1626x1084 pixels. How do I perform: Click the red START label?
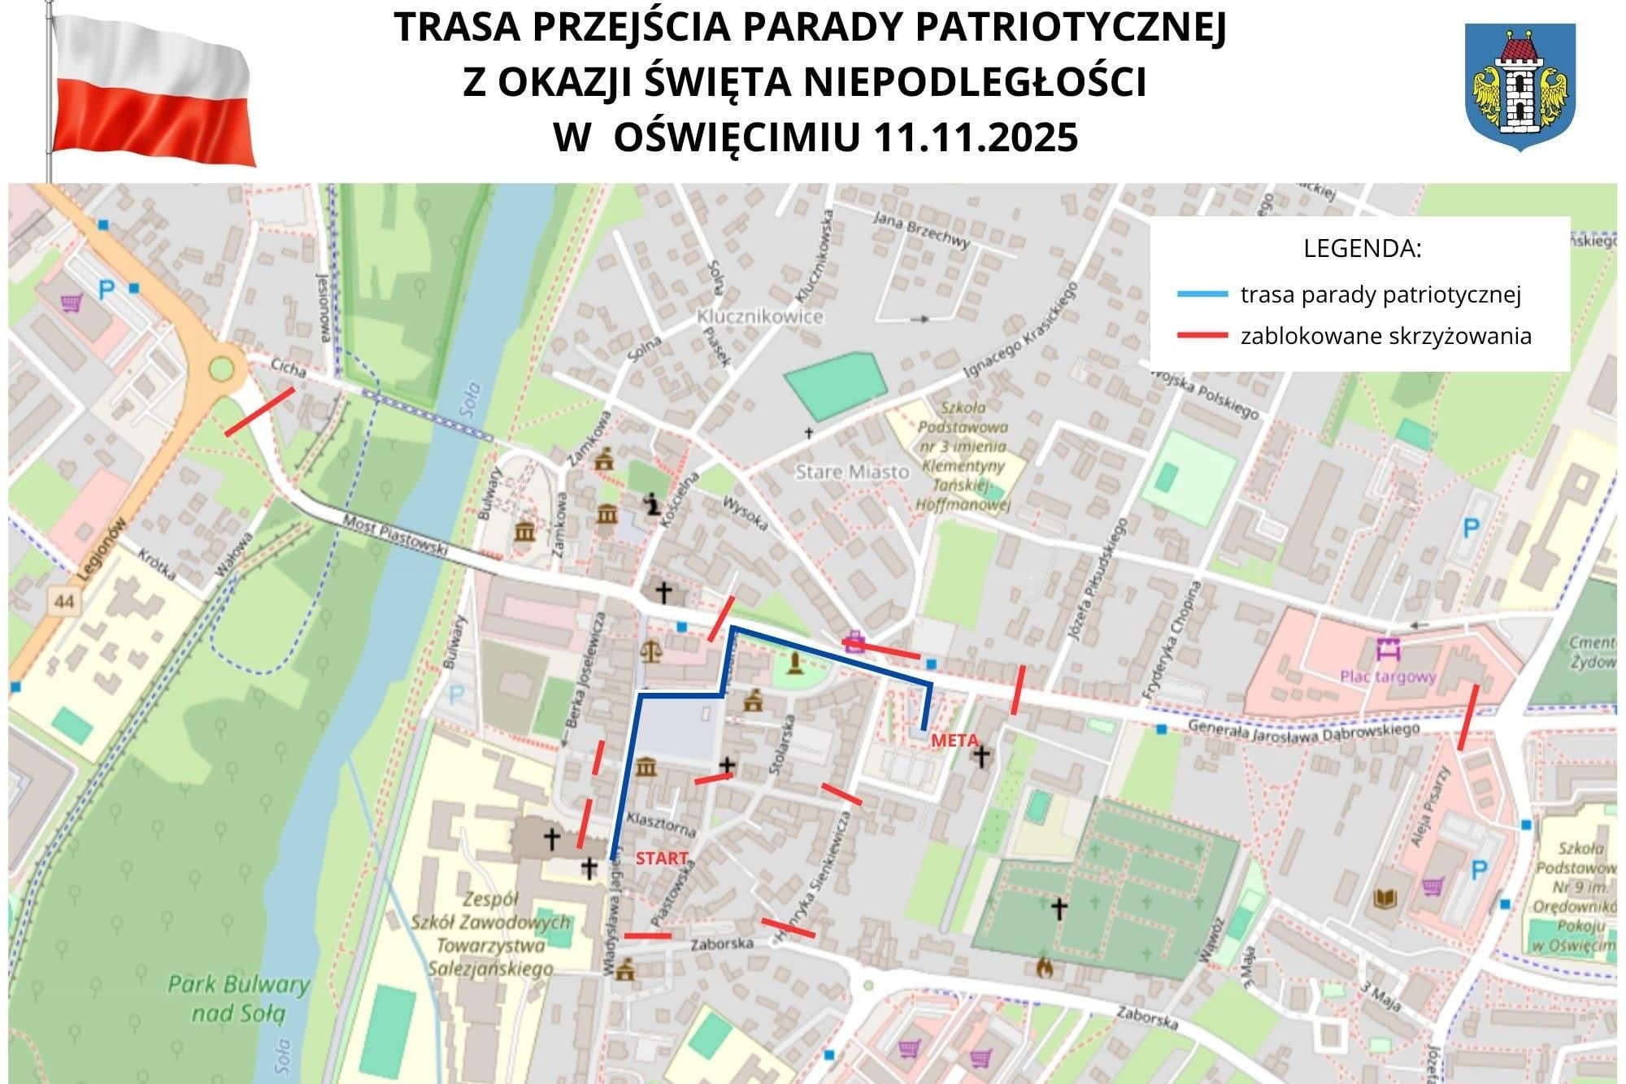[662, 858]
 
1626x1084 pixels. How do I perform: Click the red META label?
[954, 741]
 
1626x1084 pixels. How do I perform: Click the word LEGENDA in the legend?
[1362, 249]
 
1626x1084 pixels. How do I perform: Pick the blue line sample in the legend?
[1202, 294]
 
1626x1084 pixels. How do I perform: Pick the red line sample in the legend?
[1202, 336]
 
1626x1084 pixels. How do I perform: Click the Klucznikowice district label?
[760, 316]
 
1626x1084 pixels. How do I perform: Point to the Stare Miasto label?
[852, 472]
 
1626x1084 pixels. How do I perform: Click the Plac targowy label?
[1388, 677]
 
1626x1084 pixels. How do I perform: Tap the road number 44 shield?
[64, 602]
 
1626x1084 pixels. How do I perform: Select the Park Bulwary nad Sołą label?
[239, 998]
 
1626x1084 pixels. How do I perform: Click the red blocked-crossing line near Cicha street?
[259, 411]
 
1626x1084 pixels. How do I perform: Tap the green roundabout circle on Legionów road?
[221, 369]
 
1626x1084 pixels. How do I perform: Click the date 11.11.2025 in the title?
[976, 137]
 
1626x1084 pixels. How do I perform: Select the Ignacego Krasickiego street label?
[1020, 330]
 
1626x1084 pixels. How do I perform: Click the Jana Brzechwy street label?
[921, 229]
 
